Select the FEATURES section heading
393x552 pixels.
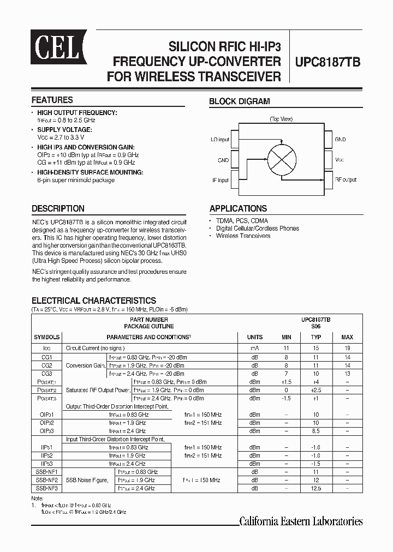52,100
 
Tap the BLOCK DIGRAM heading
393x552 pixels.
240,101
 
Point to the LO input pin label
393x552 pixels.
220,140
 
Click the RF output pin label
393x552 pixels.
346,179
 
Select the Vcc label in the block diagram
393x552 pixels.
339,160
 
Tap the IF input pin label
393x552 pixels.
220,179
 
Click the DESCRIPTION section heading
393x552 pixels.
58,208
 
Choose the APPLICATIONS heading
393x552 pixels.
238,208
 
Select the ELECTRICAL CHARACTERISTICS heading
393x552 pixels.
93,301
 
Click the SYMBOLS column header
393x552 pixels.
46,337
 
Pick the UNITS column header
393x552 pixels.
254,337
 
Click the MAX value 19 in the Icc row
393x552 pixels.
347,347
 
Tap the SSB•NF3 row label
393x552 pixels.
46,488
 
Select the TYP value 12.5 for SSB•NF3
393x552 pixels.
316,488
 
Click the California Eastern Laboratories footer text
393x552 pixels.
301,521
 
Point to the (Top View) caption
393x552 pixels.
281,119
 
